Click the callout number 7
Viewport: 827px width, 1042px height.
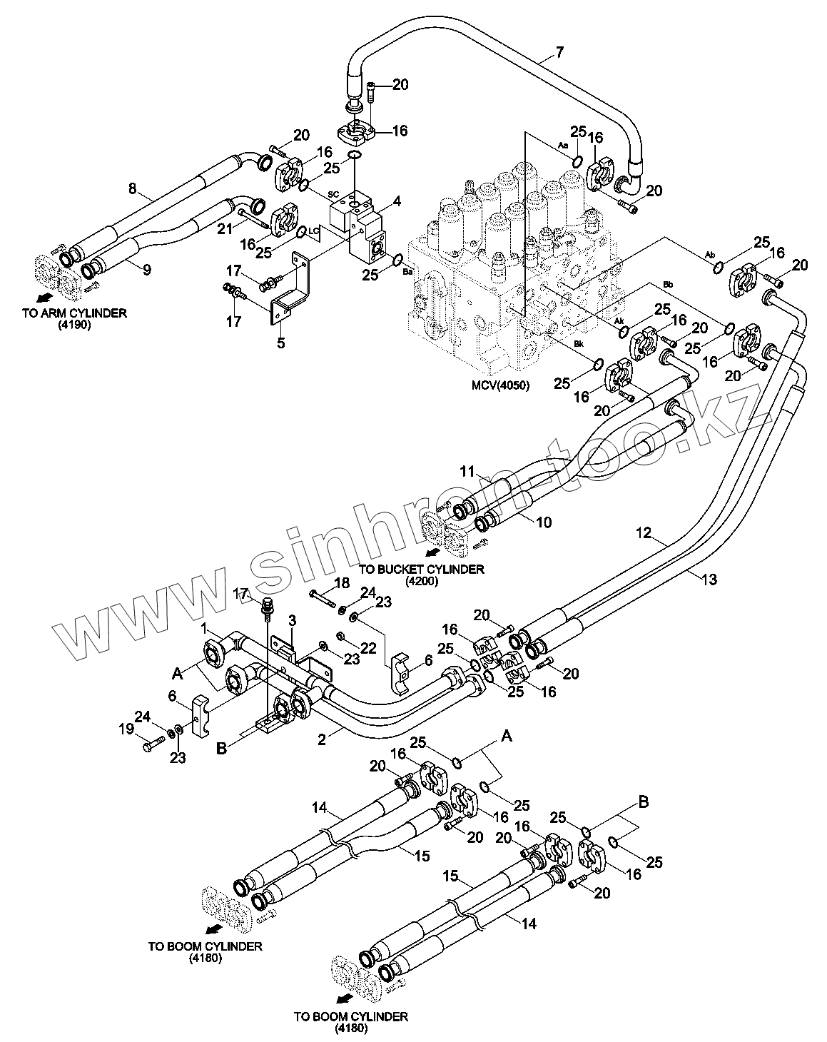[x=559, y=51]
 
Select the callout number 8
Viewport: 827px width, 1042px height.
[x=132, y=189]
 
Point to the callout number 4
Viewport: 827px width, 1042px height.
[x=397, y=201]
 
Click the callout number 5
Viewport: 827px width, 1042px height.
[x=281, y=343]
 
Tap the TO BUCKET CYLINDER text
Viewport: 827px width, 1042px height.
[x=422, y=569]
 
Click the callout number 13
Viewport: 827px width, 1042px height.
[x=709, y=580]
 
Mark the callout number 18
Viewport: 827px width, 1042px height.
[x=342, y=583]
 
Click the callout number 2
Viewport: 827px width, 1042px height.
[x=322, y=740]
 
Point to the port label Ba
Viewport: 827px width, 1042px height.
[x=408, y=271]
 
